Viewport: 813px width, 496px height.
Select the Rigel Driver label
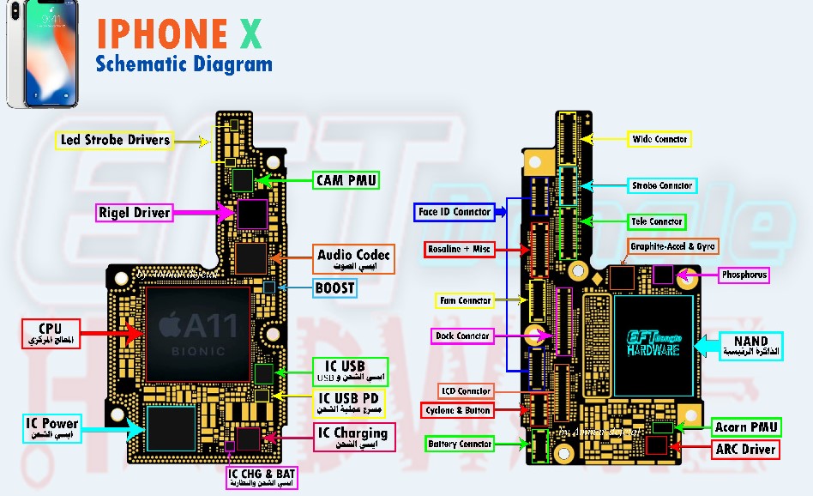(x=135, y=212)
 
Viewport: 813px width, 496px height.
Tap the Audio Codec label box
(x=353, y=259)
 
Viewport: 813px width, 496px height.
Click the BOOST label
(x=334, y=288)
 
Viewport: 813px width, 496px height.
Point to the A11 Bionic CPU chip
(x=196, y=334)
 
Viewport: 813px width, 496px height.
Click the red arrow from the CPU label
(x=112, y=333)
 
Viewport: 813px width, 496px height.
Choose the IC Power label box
(x=51, y=427)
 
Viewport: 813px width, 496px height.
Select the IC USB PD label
(x=349, y=403)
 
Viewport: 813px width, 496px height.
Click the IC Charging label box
(x=353, y=437)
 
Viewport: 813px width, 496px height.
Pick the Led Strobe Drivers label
(x=114, y=140)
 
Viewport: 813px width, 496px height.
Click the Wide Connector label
(x=659, y=139)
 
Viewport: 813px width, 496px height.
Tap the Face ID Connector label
(x=454, y=211)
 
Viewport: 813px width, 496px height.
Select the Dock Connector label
(x=462, y=336)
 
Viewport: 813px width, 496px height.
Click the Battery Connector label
(x=461, y=444)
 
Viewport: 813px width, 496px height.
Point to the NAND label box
(x=750, y=346)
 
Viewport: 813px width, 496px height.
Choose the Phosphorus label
(x=744, y=275)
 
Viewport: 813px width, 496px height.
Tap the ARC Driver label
(x=745, y=449)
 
